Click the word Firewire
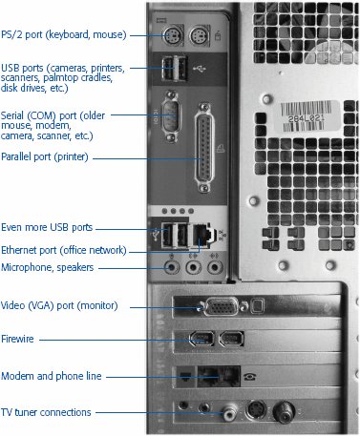pos(17,339)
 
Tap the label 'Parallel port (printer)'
pos(45,156)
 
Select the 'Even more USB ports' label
pos(47,227)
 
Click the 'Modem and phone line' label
pos(52,376)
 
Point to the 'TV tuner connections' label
pos(46,412)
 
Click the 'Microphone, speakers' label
pos(48,267)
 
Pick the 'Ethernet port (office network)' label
pos(64,250)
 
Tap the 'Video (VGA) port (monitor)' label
pos(59,305)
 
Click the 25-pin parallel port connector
pos(204,148)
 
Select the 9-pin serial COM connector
pos(171,116)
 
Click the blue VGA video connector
pos(222,306)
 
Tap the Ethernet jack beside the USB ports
pos(201,236)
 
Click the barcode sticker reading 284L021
pos(307,116)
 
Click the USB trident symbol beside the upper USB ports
pos(200,68)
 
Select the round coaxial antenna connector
pos(284,412)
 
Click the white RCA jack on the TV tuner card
pos(230,413)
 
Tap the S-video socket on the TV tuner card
pos(256,410)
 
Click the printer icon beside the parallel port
pos(221,148)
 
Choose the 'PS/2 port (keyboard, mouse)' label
pos(64,34)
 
